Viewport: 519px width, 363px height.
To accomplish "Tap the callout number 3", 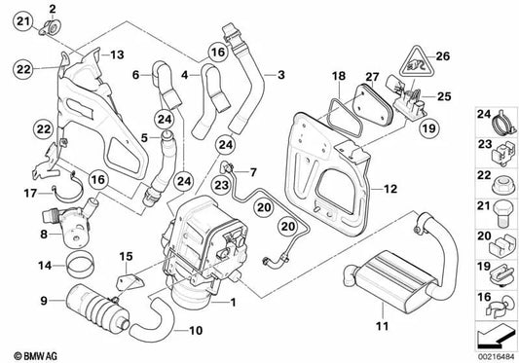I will [281, 74].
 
